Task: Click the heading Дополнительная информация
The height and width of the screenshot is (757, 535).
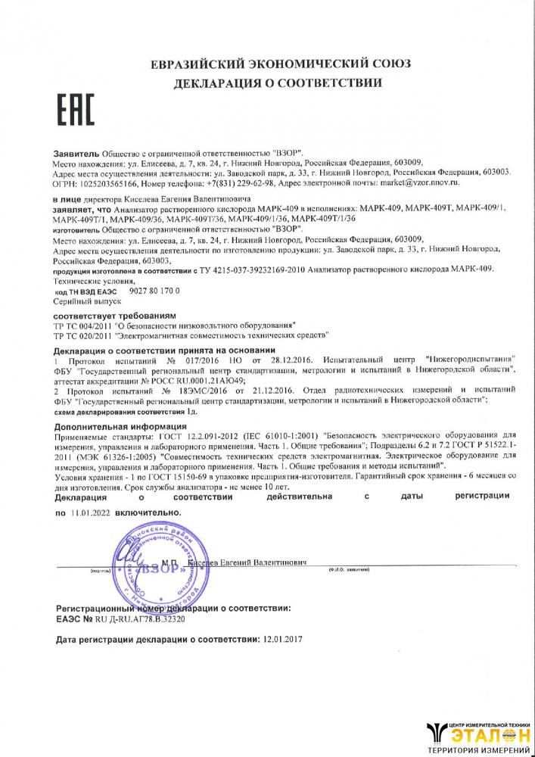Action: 112,426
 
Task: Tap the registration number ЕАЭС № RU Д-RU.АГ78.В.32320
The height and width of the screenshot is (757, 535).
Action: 121,618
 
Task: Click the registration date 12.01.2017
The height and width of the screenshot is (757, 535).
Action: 283,640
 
